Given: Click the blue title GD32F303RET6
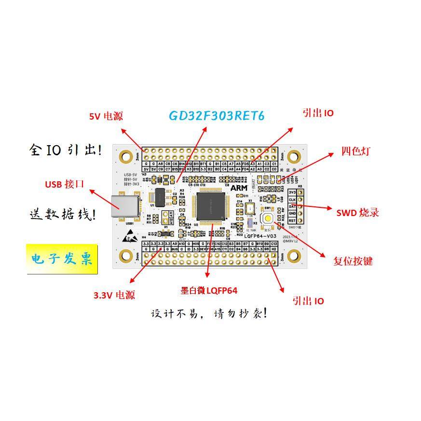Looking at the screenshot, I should pos(217,116).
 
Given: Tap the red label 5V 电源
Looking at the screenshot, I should pos(106,116).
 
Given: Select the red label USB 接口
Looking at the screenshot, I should pos(65,184).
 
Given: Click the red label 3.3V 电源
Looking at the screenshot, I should pos(114,295).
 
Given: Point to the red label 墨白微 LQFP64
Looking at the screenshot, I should pos(209,290).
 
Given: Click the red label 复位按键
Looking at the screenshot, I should pos(353,261).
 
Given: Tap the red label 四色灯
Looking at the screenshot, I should pos(355,151).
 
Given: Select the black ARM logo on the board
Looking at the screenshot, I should pos(239,187).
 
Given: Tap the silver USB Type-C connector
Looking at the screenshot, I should pos(124,206).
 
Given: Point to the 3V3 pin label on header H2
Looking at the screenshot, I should pos(292,192).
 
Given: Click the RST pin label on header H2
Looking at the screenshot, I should pos(292,220).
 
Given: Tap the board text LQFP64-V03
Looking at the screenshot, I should pos(260,236).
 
